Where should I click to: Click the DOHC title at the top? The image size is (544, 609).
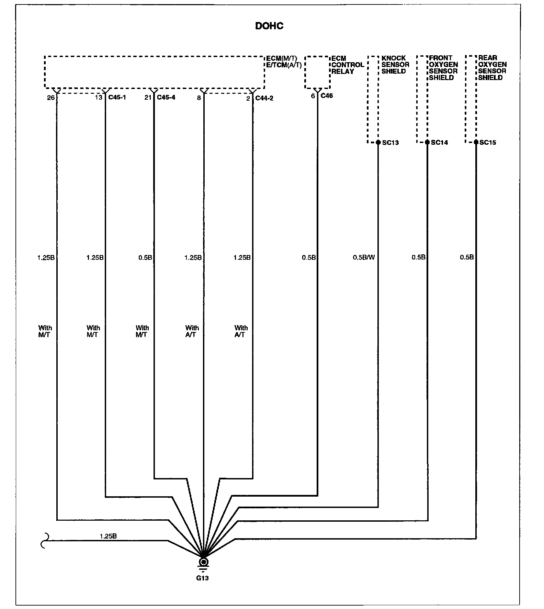coord(269,26)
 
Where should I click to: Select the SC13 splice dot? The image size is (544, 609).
coord(378,142)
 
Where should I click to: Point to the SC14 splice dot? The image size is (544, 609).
coord(427,142)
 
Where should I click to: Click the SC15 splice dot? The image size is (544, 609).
coord(476,142)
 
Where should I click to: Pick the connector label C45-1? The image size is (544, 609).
coord(117,98)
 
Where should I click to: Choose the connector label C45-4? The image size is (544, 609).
coord(166,98)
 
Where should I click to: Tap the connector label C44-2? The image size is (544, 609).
coord(264,98)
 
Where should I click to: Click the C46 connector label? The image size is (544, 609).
coord(327,96)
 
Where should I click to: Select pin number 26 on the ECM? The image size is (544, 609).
coord(51,98)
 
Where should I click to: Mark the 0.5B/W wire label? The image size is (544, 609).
coord(364,257)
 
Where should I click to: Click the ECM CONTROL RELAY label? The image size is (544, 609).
coord(347,65)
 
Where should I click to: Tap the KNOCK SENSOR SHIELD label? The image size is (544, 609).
coord(395,65)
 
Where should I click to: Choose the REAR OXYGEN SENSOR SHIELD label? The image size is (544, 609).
coord(492,68)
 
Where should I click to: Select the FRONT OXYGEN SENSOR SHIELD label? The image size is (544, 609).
coord(443,68)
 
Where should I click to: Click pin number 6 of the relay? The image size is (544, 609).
coord(313,96)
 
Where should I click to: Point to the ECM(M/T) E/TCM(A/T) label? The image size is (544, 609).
coord(284,62)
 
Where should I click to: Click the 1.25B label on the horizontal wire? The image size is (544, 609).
coord(108,536)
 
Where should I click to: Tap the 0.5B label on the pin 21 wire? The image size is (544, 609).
coord(145,258)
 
